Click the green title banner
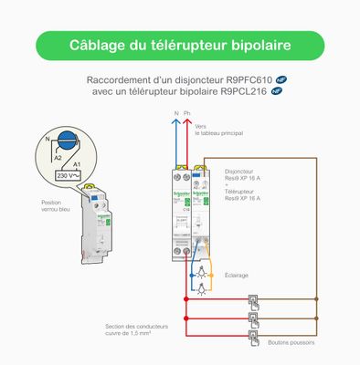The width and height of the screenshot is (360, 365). (179, 45)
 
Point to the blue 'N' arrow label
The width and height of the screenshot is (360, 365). (176, 114)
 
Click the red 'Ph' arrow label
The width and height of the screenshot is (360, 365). (188, 114)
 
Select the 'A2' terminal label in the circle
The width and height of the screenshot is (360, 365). (54, 157)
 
